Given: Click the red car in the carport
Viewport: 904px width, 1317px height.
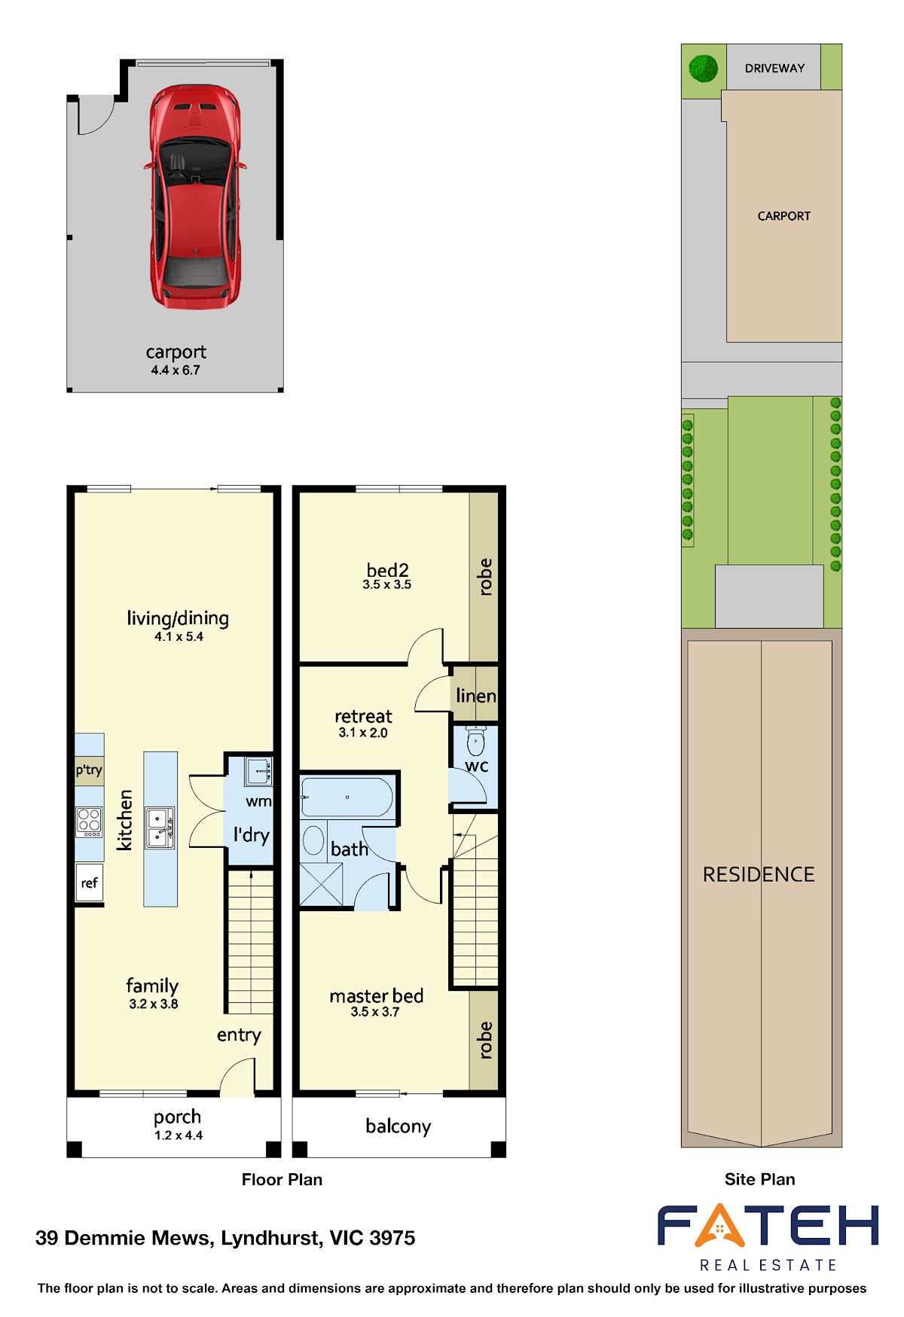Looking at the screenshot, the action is click(x=196, y=197).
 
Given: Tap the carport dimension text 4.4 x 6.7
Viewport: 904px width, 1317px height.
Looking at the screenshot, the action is click(x=176, y=370).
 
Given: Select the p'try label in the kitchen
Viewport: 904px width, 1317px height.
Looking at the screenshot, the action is click(x=89, y=770).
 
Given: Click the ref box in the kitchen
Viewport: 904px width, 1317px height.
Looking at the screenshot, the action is click(x=89, y=883).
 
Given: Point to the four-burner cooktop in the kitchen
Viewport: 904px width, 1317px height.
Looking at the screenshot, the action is click(x=89, y=822).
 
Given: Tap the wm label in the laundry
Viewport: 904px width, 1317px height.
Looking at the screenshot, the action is click(x=258, y=801).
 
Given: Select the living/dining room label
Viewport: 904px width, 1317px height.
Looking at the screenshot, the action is click(x=178, y=618).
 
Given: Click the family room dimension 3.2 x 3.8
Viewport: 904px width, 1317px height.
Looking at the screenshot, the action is click(x=154, y=1004).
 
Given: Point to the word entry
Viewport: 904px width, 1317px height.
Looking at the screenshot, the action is click(x=239, y=1035).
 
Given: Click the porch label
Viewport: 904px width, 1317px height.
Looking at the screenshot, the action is click(x=178, y=1117).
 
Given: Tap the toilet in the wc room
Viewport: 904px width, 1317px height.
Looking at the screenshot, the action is click(x=475, y=741).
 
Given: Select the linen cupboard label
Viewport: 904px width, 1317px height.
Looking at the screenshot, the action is click(x=476, y=696).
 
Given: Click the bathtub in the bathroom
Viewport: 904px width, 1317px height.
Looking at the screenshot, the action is click(x=347, y=797).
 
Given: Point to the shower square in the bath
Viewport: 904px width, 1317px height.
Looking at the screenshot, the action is click(x=321, y=885).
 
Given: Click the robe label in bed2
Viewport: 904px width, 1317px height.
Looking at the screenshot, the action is click(x=485, y=577).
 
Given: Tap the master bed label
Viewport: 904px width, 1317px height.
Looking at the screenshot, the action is click(x=377, y=996).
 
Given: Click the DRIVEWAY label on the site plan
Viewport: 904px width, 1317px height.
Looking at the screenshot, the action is click(x=774, y=68).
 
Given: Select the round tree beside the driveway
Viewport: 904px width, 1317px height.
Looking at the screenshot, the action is click(x=704, y=69).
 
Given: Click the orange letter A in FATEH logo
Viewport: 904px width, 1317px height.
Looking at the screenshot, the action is click(x=720, y=1226).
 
